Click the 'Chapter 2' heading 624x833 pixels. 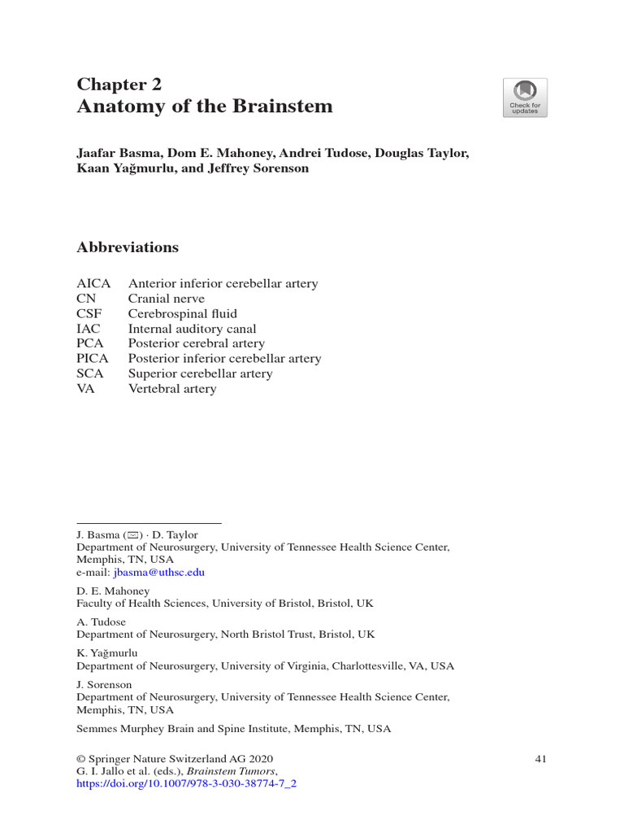(x=119, y=85)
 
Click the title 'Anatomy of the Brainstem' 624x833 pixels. (x=204, y=107)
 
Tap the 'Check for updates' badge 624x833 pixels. (x=525, y=98)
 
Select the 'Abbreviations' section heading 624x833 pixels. (x=128, y=247)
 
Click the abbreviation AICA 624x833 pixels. (x=93, y=284)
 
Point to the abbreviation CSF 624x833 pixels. (x=89, y=314)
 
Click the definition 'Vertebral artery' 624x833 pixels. (x=172, y=389)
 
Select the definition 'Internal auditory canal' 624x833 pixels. (x=192, y=329)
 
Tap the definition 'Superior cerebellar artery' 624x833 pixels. (x=200, y=373)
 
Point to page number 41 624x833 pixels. (x=541, y=759)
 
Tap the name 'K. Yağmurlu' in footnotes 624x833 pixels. (x=107, y=652)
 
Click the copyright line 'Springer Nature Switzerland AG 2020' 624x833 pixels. (x=175, y=759)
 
